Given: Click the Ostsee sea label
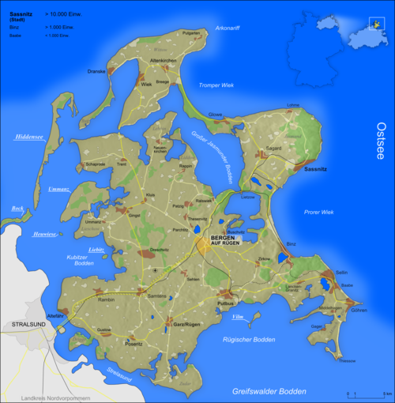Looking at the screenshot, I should (x=382, y=141).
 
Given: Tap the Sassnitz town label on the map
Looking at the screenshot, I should (x=314, y=169).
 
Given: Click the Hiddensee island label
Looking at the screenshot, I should (x=28, y=137).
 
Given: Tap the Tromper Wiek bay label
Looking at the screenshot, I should (x=216, y=85).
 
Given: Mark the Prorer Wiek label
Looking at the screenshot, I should (x=318, y=212).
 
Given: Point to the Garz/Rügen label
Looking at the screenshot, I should (x=185, y=324).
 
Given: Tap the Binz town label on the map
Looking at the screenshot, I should (x=292, y=245).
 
